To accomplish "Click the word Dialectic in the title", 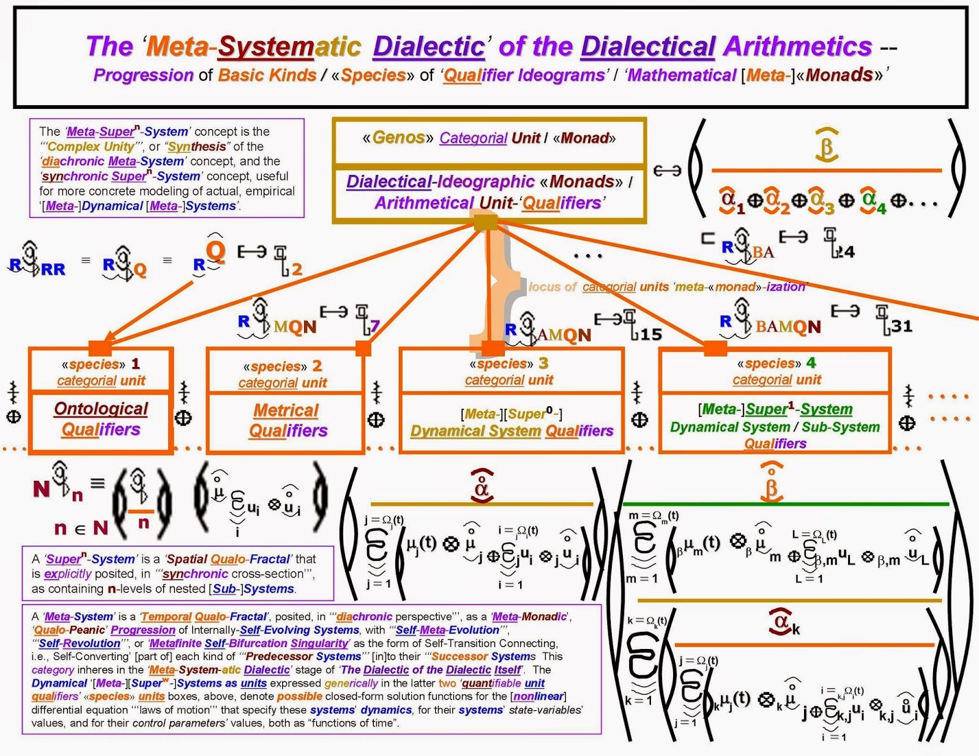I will tap(428, 46).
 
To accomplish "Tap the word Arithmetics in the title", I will tap(798, 46).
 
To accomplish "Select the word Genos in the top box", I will tap(398, 138).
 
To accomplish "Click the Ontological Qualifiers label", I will tap(101, 419).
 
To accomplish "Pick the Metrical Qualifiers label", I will tap(287, 420).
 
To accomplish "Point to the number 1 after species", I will tap(136, 363).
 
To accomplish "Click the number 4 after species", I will tap(811, 363).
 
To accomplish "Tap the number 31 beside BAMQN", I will tap(901, 326).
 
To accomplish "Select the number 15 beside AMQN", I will tap(651, 334).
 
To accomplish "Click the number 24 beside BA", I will tap(846, 251).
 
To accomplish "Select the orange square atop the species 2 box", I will tap(363, 348).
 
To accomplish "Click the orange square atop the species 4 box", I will tap(715, 348).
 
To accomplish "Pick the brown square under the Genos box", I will tap(486, 221).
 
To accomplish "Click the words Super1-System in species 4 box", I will tap(799, 409).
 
